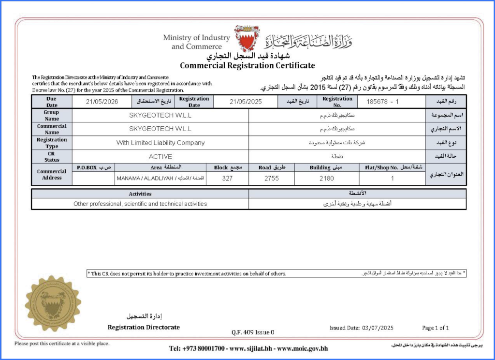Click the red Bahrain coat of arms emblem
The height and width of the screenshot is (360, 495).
247,39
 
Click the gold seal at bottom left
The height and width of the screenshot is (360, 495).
53,303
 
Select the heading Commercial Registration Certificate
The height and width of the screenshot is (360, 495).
247,65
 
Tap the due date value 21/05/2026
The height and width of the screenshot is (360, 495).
102,102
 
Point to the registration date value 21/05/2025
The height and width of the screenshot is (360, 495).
246,102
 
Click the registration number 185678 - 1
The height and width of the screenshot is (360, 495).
383,102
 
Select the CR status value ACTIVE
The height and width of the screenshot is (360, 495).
160,156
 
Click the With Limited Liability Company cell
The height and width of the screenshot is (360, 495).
160,143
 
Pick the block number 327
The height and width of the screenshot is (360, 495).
227,178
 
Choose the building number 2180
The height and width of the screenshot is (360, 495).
327,178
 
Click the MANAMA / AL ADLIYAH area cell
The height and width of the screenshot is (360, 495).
160,178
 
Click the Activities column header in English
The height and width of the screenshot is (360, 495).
140,194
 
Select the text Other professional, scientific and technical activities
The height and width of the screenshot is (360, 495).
140,204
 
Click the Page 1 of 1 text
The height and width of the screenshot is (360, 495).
435,328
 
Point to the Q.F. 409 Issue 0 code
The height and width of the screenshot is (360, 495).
253,332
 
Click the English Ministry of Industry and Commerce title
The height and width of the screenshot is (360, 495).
196,42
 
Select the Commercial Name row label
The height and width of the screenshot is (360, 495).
52,129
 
